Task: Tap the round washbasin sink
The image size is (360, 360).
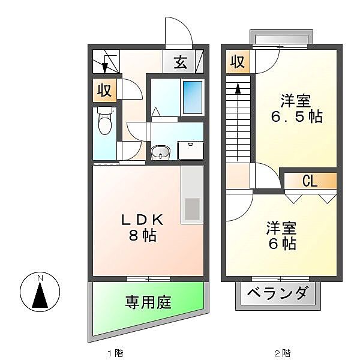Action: pos(161,154)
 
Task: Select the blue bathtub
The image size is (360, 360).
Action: pos(192,97)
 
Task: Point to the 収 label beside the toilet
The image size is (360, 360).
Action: pos(104,91)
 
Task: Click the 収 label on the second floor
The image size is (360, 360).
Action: pos(238,62)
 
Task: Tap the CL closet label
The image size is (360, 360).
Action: pos(310,181)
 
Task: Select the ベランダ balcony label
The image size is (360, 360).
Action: pos(278,295)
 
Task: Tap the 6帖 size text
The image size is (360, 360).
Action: pos(281,244)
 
